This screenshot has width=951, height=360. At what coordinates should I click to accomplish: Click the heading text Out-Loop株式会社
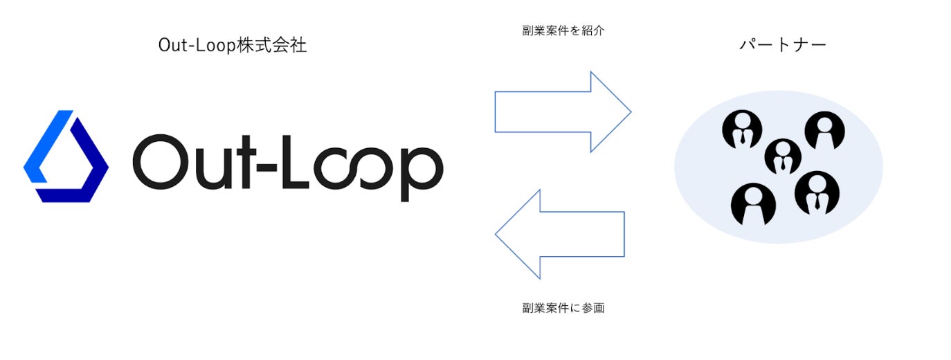(232, 46)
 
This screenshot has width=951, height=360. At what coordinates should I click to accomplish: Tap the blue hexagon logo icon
(66, 156)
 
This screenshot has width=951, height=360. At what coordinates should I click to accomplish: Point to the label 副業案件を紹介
(563, 31)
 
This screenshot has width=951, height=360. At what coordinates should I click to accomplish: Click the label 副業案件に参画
(563, 308)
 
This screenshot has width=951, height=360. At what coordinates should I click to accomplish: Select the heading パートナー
(783, 46)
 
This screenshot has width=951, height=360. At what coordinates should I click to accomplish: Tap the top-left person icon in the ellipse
(742, 129)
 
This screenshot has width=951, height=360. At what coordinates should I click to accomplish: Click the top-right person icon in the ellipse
(824, 130)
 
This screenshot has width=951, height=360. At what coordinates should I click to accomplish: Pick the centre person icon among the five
(783, 156)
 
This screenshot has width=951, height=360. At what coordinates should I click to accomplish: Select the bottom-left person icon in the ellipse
(753, 204)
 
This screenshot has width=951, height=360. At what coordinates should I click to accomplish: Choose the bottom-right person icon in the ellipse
(817, 192)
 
